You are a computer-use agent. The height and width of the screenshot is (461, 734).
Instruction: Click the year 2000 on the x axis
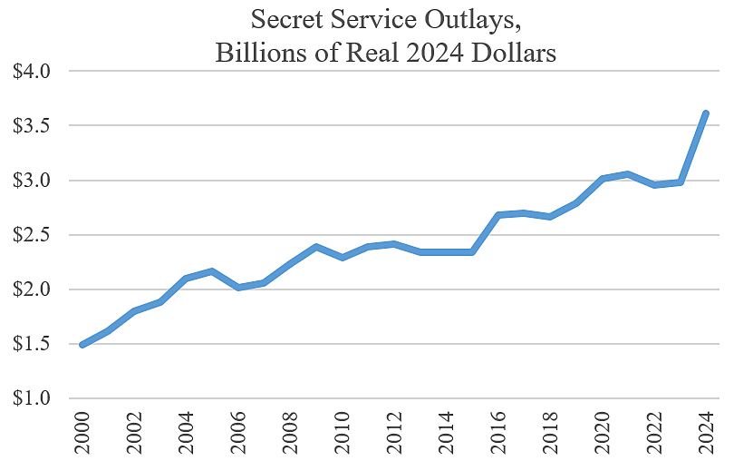coord(82,432)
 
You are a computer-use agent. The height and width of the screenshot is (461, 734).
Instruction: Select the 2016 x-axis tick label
coord(498,432)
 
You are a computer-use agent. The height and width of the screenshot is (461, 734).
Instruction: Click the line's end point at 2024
coord(706,113)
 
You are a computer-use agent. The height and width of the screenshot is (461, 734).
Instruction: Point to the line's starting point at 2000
coord(82,345)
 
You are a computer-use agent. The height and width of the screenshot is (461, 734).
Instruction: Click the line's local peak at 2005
coord(212,270)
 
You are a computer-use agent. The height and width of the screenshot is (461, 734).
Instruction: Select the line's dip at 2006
coord(238,288)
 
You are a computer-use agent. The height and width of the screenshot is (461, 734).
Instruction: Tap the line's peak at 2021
coord(628,173)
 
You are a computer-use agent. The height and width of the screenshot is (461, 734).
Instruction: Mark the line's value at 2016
coord(498,215)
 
